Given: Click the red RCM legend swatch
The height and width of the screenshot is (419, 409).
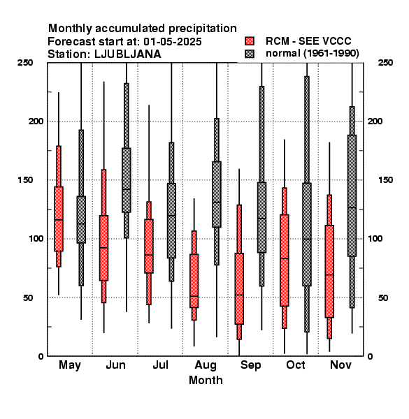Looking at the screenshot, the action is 250,41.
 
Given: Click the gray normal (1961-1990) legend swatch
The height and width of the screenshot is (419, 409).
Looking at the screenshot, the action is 250,54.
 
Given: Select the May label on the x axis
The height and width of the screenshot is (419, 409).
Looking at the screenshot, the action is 70,365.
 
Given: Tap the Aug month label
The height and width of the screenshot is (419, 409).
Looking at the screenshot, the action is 206,365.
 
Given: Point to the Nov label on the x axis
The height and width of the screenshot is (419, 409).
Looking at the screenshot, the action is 340,365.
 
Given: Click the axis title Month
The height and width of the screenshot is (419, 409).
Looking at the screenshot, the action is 206,380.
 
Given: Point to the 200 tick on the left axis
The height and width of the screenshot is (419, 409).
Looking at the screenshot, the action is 36,121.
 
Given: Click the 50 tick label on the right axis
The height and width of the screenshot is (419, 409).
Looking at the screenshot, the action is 383,297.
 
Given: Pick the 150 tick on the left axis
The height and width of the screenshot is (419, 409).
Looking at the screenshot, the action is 25,180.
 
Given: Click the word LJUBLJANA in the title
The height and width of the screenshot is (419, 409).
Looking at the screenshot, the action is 128,54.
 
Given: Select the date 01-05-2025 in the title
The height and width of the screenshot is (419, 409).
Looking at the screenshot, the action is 173,42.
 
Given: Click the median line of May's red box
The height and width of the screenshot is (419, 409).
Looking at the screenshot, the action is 59,220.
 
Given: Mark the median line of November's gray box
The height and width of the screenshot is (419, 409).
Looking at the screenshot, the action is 352,207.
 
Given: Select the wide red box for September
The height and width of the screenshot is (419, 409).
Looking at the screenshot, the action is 239,288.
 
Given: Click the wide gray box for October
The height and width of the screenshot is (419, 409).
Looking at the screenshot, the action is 307,235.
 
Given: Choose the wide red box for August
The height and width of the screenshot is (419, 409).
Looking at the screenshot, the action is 194,281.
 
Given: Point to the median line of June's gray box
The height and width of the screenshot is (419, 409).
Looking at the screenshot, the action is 127,189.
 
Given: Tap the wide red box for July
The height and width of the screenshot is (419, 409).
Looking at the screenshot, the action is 149,246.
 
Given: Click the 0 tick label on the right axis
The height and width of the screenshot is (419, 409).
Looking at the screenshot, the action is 370,356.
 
